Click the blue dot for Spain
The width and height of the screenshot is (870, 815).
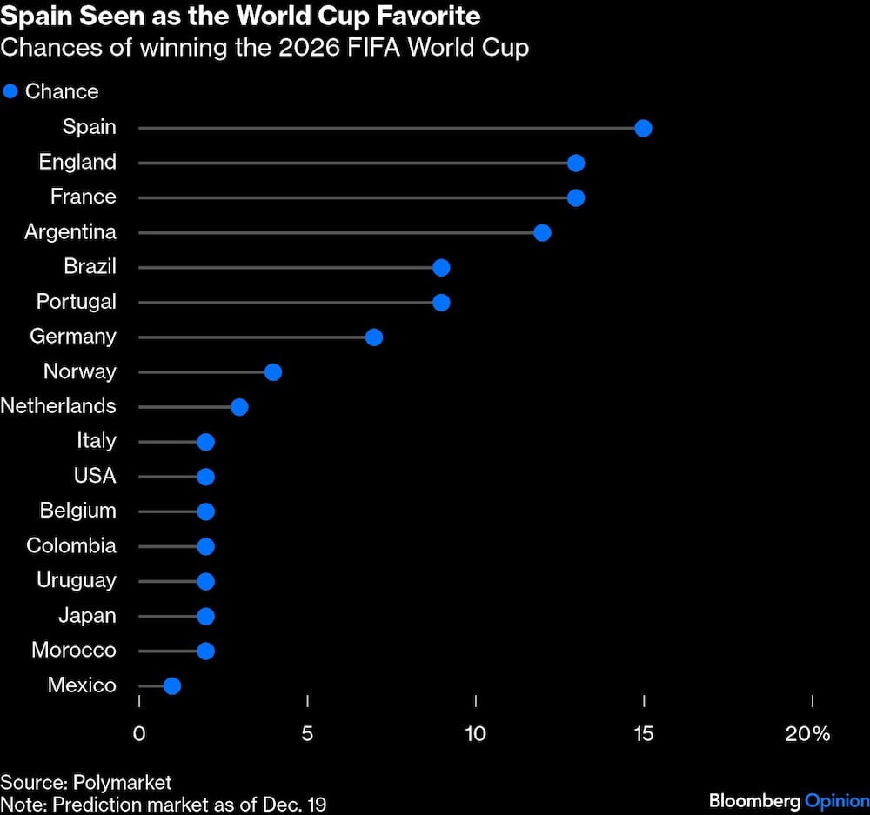(643, 129)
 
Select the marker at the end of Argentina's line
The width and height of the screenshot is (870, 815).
(542, 232)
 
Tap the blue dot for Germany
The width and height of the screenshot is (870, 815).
(374, 337)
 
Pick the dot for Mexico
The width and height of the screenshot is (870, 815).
(172, 685)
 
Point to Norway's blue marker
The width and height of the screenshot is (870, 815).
(273, 372)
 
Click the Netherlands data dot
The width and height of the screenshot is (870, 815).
(239, 407)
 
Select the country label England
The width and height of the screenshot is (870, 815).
(77, 163)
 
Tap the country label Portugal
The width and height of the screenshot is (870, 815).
(76, 302)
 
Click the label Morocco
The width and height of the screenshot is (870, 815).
(74, 650)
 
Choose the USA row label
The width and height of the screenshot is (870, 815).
(95, 476)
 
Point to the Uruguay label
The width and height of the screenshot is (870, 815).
(77, 580)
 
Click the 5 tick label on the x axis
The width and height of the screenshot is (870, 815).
(307, 733)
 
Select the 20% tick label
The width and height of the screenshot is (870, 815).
(807, 733)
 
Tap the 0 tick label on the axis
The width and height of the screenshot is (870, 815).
(139, 733)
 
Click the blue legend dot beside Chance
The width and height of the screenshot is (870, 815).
(10, 91)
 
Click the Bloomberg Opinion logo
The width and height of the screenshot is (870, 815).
(788, 800)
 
